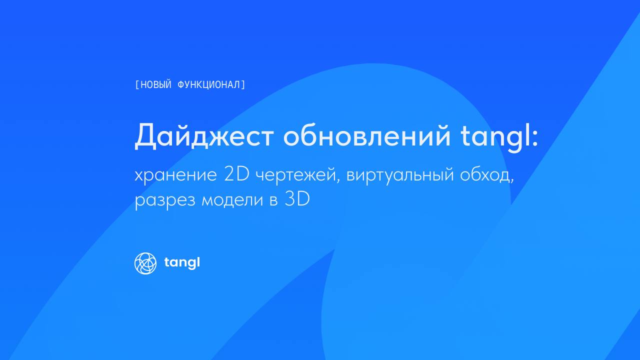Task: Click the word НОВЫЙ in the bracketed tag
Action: click(x=155, y=84)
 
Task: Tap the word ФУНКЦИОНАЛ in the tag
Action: click(x=209, y=85)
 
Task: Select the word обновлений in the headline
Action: click(x=367, y=135)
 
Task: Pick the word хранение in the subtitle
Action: click(x=175, y=175)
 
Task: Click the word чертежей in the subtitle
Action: click(x=295, y=174)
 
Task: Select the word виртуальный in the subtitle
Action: click(x=400, y=175)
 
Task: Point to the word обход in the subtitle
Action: click(x=485, y=174)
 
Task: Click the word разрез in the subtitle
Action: click(x=165, y=200)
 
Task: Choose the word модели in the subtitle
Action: click(x=232, y=199)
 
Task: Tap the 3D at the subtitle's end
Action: click(x=297, y=198)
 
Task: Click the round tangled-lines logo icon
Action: click(x=145, y=263)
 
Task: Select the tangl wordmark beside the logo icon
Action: click(x=182, y=262)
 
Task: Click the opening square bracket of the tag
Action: click(x=137, y=85)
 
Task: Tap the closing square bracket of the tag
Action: click(x=243, y=85)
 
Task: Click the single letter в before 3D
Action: click(x=273, y=200)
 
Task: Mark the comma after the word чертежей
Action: click(x=338, y=180)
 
